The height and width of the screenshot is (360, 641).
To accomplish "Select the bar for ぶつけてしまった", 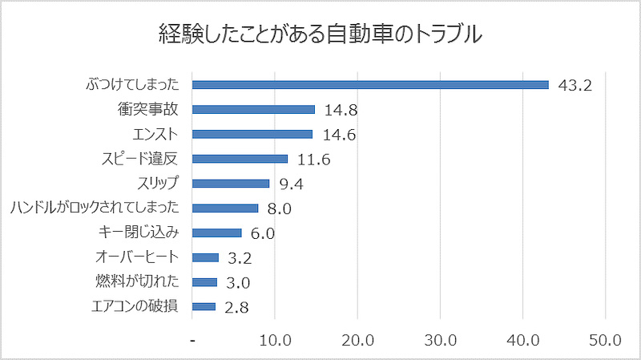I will [371, 84].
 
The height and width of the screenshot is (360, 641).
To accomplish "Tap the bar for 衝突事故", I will [254, 109].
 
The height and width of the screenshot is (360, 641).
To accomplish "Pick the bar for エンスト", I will [253, 134].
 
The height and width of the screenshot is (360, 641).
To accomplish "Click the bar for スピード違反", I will [240, 159].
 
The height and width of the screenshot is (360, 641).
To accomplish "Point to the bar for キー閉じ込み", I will [217, 233].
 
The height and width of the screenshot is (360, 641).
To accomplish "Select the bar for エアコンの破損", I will [204, 306].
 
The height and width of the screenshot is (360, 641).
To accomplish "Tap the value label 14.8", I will [341, 110].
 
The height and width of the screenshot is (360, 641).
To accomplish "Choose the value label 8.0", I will [279, 208].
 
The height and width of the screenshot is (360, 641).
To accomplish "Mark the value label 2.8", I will [236, 307].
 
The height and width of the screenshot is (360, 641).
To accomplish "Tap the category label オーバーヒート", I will [138, 257].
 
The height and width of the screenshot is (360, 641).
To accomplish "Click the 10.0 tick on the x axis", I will [276, 340].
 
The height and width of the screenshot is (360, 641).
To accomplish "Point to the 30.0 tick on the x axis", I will [441, 340].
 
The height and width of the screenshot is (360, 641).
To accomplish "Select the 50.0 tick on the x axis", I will [605, 340].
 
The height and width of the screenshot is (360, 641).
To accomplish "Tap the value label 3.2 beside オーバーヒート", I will [240, 258].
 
